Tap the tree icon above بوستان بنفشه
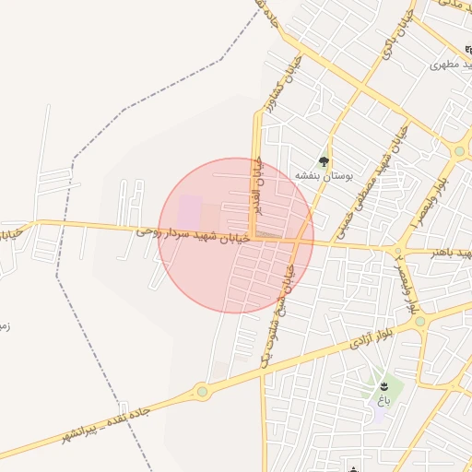click(x=323, y=161)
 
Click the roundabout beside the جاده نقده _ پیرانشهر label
click(x=202, y=392)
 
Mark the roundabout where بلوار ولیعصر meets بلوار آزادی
click(x=420, y=322)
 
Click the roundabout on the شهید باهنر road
click(x=399, y=250)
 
